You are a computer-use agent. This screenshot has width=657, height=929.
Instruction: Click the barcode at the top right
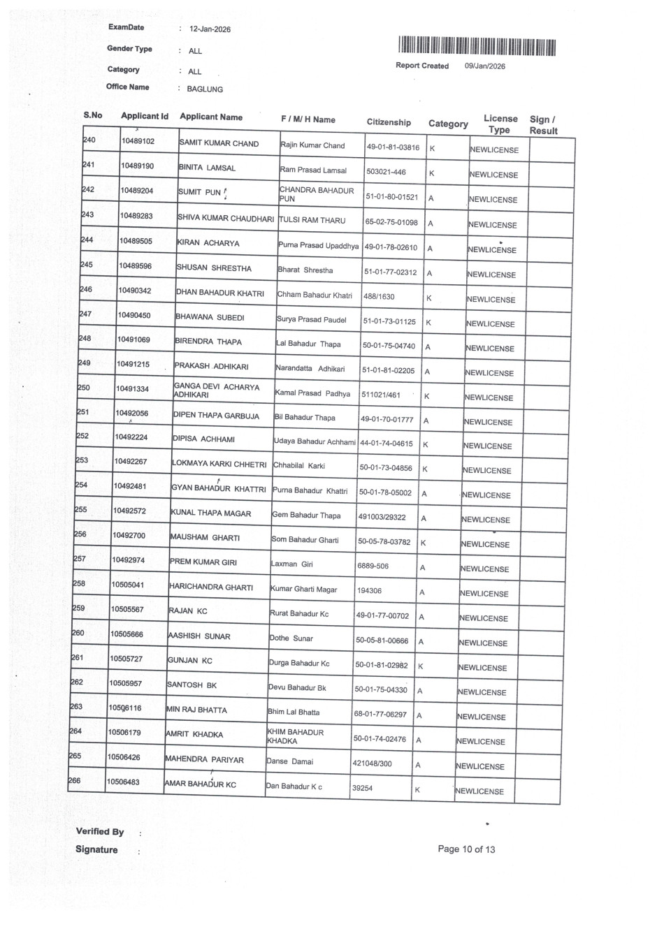(x=477, y=47)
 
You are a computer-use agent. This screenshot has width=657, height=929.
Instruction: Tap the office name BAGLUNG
(x=205, y=89)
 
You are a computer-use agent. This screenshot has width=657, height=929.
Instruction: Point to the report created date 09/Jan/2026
(x=484, y=66)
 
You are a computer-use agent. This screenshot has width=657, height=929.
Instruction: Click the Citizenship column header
(x=389, y=122)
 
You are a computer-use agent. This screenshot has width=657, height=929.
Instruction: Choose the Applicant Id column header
(x=144, y=116)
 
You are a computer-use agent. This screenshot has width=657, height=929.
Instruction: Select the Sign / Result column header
(x=543, y=125)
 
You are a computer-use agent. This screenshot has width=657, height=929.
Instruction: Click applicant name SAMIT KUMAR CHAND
(x=219, y=143)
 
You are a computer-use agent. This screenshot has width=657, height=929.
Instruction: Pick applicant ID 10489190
(x=137, y=166)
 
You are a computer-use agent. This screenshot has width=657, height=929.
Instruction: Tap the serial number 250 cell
(x=84, y=388)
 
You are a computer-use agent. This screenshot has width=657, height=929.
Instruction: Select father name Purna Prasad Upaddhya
(x=318, y=246)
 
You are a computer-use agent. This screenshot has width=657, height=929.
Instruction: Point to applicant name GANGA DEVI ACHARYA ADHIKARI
(x=216, y=390)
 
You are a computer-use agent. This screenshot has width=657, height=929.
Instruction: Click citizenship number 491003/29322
(x=382, y=518)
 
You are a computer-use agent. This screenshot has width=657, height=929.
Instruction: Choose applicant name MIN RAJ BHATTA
(x=196, y=710)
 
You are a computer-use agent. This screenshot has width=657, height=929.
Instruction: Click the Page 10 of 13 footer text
(x=466, y=849)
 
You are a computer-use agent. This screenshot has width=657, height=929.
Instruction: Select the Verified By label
(x=100, y=831)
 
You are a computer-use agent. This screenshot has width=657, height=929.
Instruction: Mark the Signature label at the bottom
(x=96, y=849)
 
